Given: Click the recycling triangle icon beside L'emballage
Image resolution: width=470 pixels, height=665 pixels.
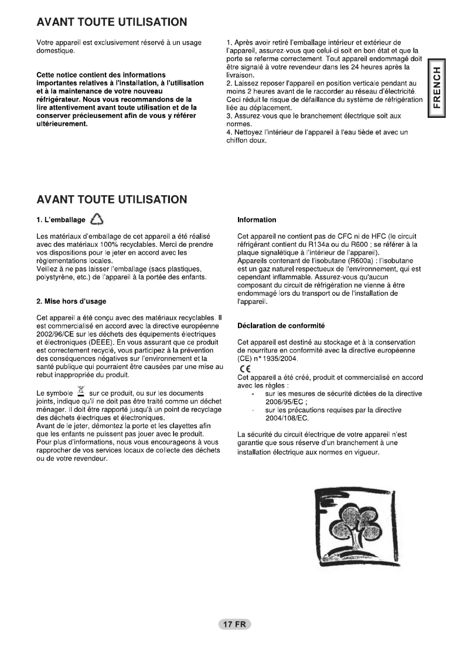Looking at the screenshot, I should (97, 220).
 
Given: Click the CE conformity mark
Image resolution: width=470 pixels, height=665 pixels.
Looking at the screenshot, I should (243, 368).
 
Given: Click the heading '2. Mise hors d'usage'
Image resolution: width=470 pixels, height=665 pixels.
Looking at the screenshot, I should (71, 301).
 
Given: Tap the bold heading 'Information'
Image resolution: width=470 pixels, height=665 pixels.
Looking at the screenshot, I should (257, 220).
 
